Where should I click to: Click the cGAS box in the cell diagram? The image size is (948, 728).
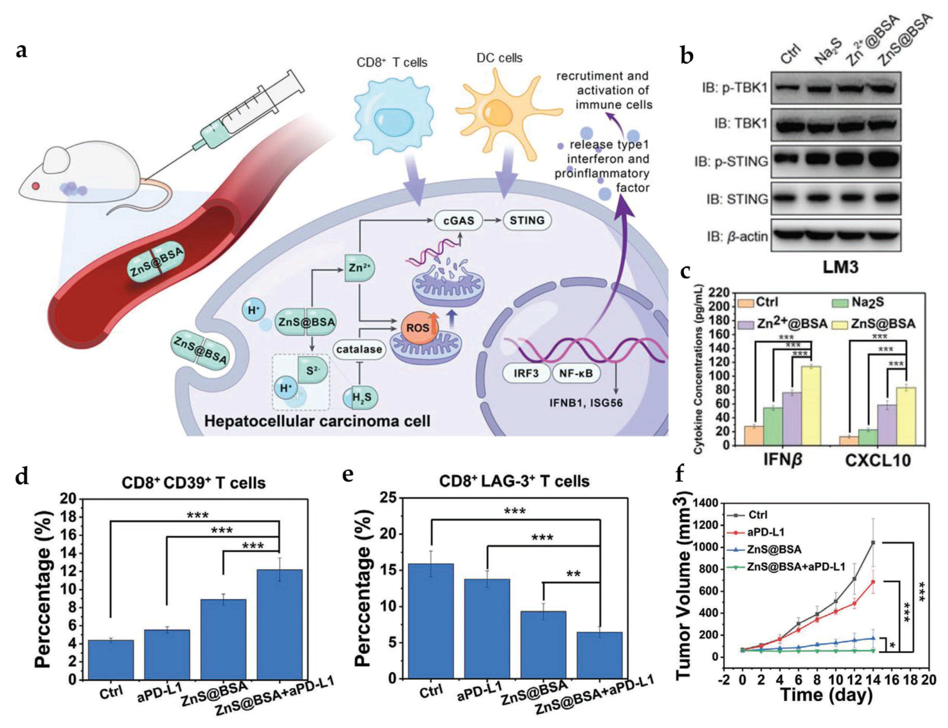pyautogui.click(x=459, y=221)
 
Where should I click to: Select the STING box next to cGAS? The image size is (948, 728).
pyautogui.click(x=527, y=220)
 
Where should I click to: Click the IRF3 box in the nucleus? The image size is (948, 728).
pyautogui.click(x=526, y=373)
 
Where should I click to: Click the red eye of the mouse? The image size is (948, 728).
pyautogui.click(x=35, y=186)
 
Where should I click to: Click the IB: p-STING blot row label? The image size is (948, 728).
pyautogui.click(x=731, y=161)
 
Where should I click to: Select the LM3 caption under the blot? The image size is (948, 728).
pyautogui.click(x=840, y=267)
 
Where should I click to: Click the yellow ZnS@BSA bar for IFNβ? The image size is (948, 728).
pyautogui.click(x=811, y=405)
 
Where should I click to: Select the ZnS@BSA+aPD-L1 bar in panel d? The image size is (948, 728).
pyautogui.click(x=279, y=624)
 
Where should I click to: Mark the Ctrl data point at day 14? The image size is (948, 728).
pyautogui.click(x=873, y=542)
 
